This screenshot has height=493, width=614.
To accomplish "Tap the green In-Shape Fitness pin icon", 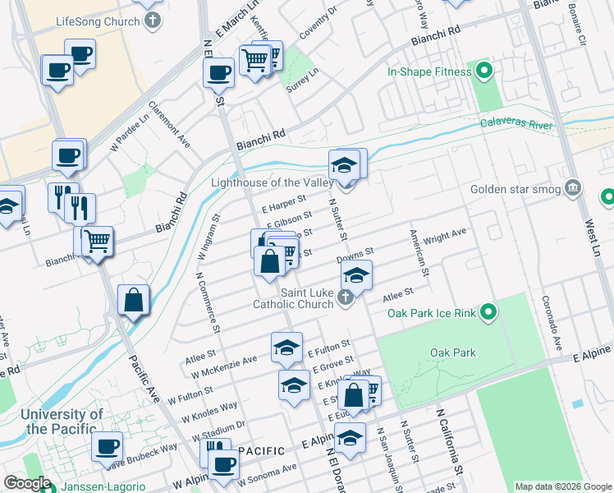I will (x=482, y=71).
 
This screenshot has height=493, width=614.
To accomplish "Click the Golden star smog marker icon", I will (x=573, y=189).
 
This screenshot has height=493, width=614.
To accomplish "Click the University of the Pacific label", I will (x=62, y=422).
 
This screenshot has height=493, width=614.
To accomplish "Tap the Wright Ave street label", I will (x=445, y=236).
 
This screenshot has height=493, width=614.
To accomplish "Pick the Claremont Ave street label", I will (x=169, y=125).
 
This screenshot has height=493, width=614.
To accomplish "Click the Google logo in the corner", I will (x=26, y=483).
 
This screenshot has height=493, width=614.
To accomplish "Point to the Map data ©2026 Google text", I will (x=563, y=486).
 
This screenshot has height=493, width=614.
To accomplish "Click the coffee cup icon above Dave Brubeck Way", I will (x=106, y=448).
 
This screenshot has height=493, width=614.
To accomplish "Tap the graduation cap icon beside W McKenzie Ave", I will (x=286, y=348).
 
